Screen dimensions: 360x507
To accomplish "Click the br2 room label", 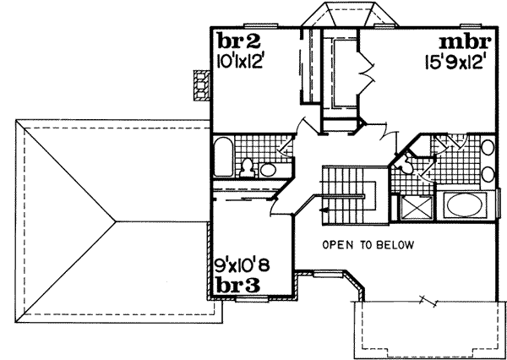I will (x=233, y=42).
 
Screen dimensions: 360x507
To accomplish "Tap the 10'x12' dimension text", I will (x=240, y=61).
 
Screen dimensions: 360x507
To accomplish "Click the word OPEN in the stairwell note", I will (x=336, y=245).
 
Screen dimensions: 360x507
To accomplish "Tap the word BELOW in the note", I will (x=394, y=245).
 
